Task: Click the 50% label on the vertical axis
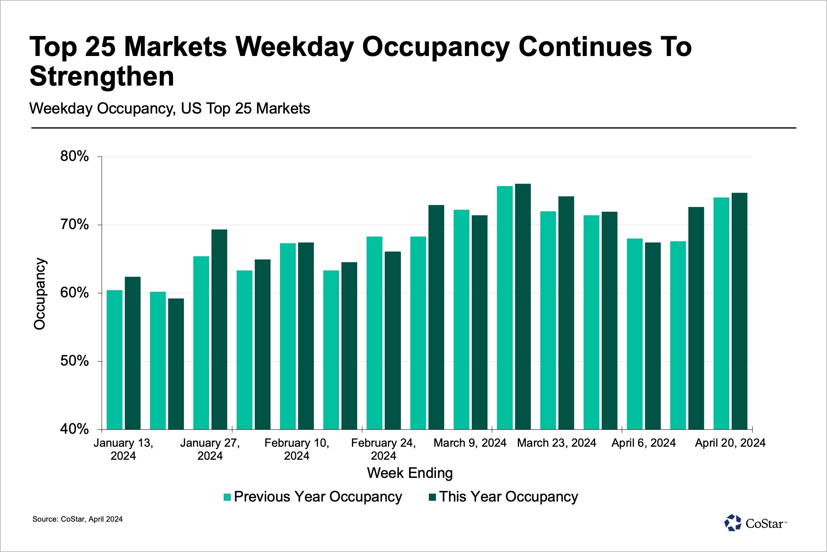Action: (x=74, y=361)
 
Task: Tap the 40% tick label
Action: (x=74, y=429)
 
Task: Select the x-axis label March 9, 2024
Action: (x=470, y=443)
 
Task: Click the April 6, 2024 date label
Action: (x=643, y=443)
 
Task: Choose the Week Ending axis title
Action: (x=410, y=473)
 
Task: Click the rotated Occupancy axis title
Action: (x=40, y=294)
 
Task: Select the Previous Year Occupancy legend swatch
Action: (x=227, y=497)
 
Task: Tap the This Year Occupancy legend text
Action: (x=508, y=497)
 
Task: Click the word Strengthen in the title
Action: (x=102, y=76)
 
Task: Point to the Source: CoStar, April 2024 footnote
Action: (x=78, y=519)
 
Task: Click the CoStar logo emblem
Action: (x=733, y=523)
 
